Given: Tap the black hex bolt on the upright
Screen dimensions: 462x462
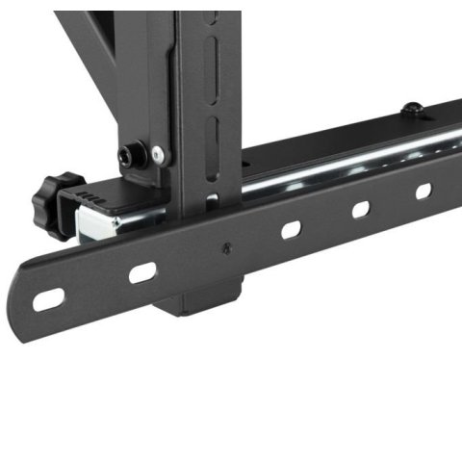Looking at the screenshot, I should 131,153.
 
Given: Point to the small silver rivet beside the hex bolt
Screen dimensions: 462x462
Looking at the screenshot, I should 157,154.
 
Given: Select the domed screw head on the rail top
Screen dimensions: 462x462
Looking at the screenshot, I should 412,108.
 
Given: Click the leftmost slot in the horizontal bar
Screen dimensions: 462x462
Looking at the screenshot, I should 47,300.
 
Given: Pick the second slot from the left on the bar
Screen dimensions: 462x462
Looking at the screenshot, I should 142,272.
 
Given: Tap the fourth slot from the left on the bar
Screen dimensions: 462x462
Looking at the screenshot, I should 362,209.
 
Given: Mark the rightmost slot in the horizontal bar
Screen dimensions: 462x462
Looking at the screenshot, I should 423,191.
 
